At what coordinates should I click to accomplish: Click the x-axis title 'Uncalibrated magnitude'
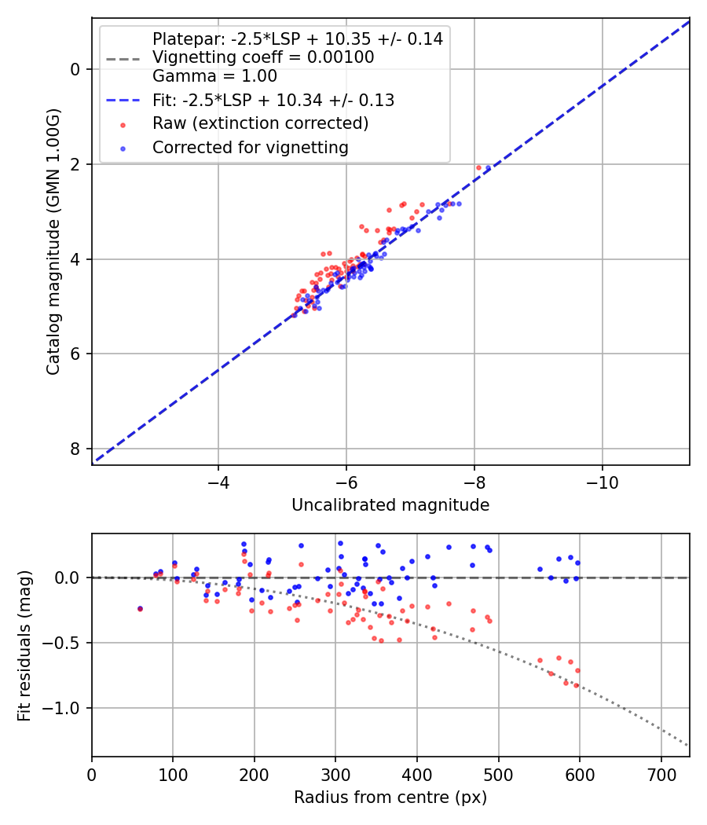click(x=390, y=505)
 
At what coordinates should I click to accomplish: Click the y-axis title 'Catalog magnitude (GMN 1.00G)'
click(x=53, y=241)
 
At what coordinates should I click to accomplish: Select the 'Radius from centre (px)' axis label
click(x=390, y=797)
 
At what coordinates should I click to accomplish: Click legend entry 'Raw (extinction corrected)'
click(x=260, y=123)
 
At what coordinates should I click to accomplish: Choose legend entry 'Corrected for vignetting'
click(x=250, y=147)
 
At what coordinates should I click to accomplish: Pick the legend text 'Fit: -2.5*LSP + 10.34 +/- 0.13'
click(x=273, y=101)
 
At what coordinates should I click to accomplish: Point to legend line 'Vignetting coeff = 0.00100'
click(x=263, y=57)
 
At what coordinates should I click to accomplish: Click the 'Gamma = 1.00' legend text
click(x=214, y=76)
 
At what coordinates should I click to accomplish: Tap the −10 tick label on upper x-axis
click(x=602, y=481)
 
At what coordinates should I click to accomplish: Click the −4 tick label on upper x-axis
click(x=218, y=481)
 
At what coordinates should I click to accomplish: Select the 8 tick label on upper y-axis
click(x=75, y=449)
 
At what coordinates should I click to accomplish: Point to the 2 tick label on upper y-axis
click(x=75, y=164)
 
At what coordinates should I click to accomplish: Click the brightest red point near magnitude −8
click(x=478, y=167)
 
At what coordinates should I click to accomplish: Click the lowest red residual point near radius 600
click(x=576, y=685)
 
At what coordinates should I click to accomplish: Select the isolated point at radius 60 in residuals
click(x=140, y=608)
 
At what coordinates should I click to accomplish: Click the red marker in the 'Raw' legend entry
click(x=123, y=124)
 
